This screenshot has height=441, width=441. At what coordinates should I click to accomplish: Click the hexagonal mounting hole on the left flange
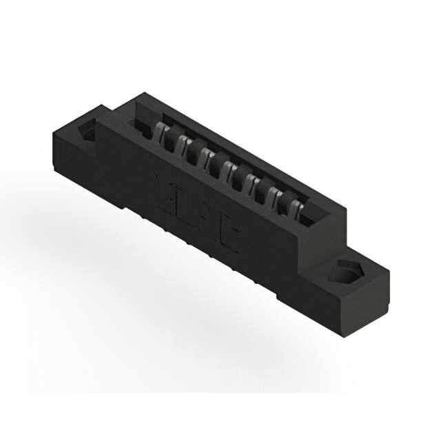pos(89,131)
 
